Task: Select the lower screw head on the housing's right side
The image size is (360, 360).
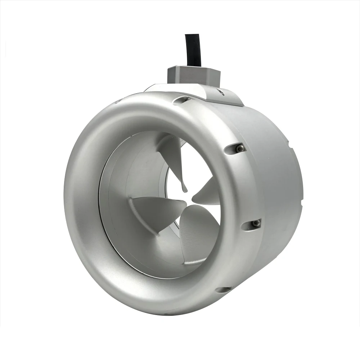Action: [x=256, y=224]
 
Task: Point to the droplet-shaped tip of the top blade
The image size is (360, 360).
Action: [x=184, y=188]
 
